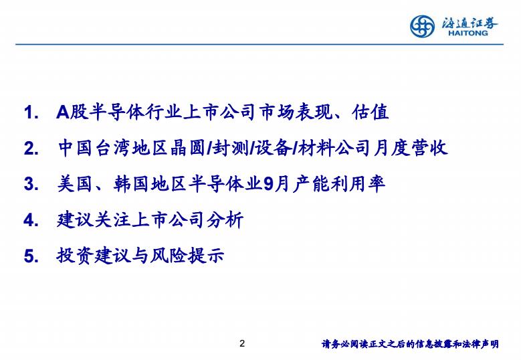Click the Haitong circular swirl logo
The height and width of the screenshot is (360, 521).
(x=422, y=26)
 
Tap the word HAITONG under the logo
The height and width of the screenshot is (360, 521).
(x=468, y=33)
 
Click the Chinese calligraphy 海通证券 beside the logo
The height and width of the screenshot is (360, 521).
(x=470, y=23)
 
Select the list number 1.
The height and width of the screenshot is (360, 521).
(x=31, y=112)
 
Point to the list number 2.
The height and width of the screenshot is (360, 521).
(x=31, y=148)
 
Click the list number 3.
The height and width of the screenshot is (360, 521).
(x=31, y=184)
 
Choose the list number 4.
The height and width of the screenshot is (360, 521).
(x=31, y=220)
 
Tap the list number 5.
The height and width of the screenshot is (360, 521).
(x=31, y=256)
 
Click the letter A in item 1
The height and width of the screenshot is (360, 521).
(x=63, y=112)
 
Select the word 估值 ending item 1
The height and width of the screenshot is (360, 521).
(x=370, y=112)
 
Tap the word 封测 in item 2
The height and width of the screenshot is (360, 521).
(x=229, y=148)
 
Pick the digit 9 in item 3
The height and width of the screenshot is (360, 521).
(x=268, y=184)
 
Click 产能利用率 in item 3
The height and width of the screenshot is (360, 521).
(x=339, y=183)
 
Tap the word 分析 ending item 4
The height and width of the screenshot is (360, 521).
(x=225, y=219)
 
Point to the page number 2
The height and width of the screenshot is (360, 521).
(x=242, y=343)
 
